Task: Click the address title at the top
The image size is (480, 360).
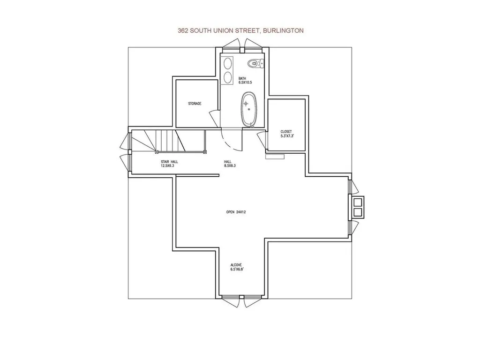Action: (240, 30)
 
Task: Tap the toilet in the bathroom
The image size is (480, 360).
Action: (255, 63)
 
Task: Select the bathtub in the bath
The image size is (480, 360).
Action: (249, 109)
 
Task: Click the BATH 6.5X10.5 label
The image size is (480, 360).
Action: (245, 81)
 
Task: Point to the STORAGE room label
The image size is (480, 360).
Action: (195, 104)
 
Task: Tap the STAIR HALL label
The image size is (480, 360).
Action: (170, 164)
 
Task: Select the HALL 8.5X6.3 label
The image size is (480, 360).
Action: (230, 164)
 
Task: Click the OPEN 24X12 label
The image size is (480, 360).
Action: (236, 212)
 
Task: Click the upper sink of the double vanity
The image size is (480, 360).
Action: (227, 64)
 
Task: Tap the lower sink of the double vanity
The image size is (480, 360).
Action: (227, 77)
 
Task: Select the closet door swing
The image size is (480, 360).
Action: (262, 140)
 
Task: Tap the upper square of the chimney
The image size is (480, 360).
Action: (358, 202)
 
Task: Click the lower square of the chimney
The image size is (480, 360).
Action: (358, 212)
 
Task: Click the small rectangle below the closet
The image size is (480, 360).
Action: (275, 157)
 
